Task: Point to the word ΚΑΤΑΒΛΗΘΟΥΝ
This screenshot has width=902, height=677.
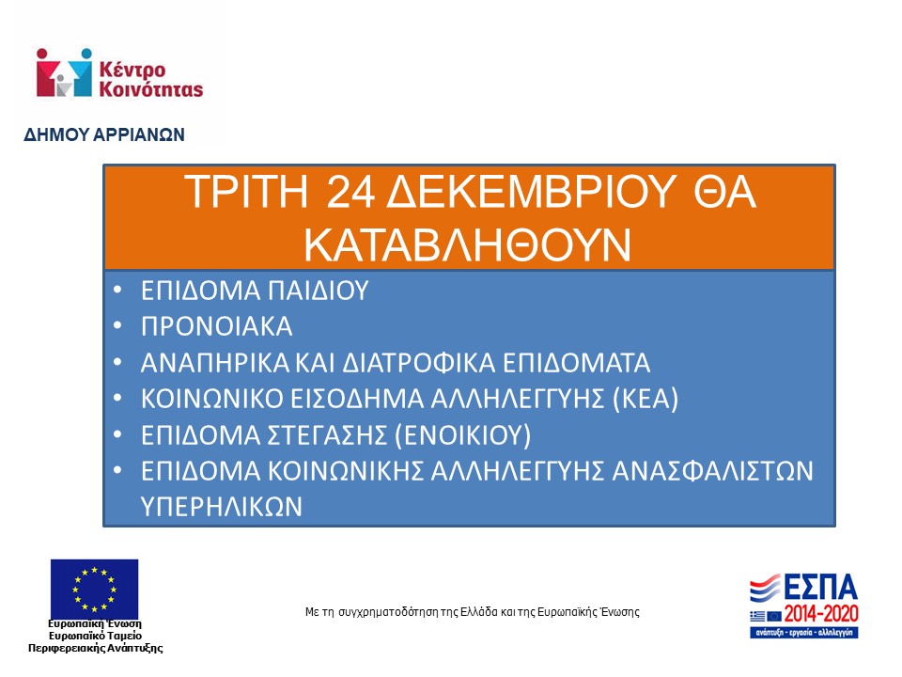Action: click(467, 244)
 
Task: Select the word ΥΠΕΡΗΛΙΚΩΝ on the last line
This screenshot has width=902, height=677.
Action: click(221, 507)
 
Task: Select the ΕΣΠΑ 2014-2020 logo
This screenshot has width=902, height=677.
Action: click(803, 605)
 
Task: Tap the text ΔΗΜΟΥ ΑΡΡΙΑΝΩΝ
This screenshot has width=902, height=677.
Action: click(104, 134)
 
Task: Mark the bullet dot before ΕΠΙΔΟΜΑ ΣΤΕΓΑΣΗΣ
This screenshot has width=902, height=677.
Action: click(117, 434)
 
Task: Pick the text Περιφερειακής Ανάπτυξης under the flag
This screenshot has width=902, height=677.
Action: click(95, 648)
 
